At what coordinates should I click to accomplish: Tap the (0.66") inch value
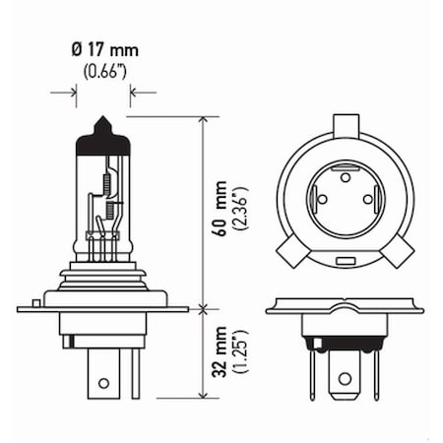tap(102, 69)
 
